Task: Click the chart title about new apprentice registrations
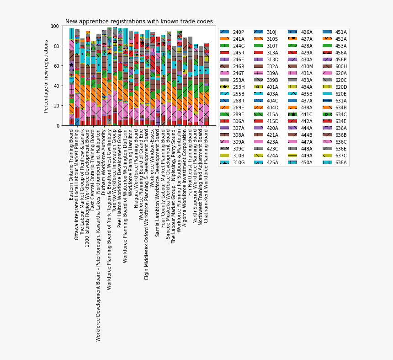[139, 21]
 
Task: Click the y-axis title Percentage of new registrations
[46, 76]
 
